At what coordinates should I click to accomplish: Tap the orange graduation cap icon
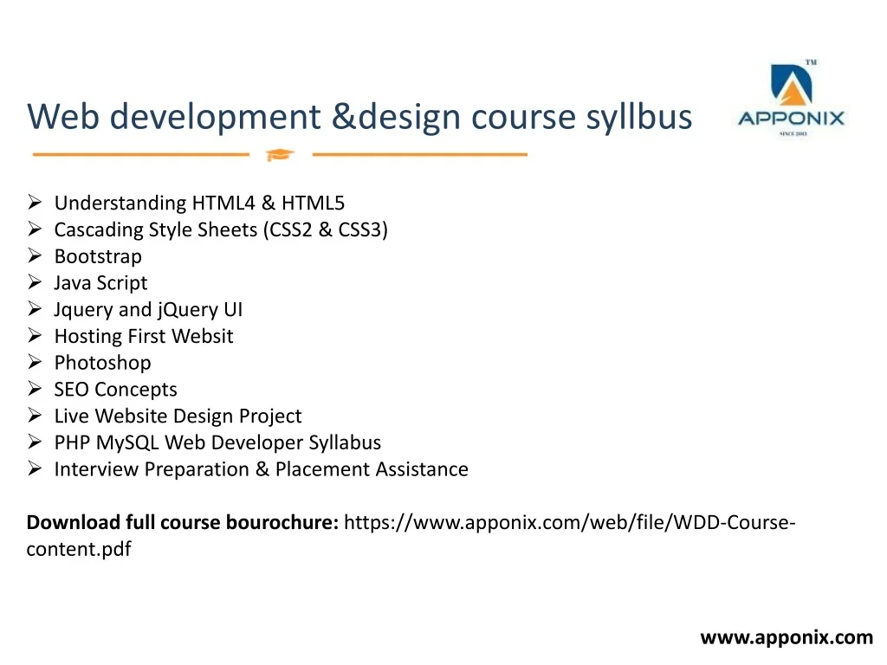click(x=280, y=154)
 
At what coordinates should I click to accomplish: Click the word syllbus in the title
click(x=638, y=117)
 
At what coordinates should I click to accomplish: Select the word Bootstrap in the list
click(x=98, y=256)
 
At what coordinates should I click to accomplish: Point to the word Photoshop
click(x=102, y=363)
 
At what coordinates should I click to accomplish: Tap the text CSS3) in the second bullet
click(x=363, y=229)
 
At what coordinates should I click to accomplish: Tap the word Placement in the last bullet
click(x=322, y=469)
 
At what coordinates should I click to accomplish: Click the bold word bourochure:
click(x=282, y=522)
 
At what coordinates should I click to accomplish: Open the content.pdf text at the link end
click(x=79, y=549)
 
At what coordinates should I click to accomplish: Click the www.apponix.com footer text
click(x=787, y=638)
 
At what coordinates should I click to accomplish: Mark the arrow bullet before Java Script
click(x=35, y=282)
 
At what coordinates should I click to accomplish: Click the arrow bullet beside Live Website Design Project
click(x=35, y=416)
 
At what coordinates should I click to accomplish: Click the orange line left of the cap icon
click(x=141, y=154)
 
